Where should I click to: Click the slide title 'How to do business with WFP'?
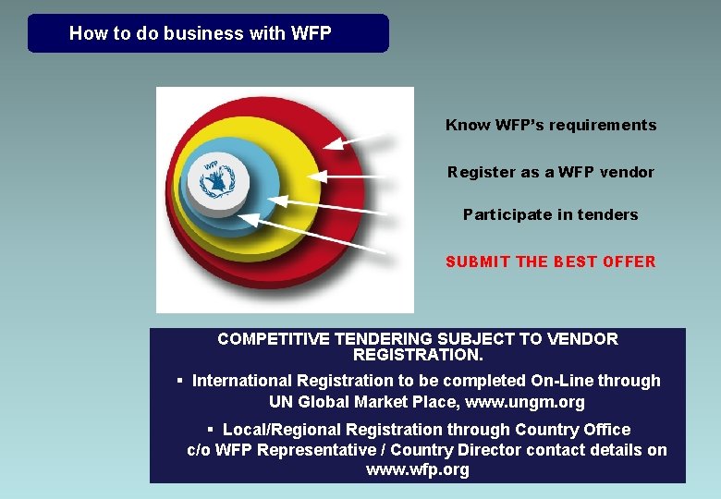[200, 34]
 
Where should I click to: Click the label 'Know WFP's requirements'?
[551, 125]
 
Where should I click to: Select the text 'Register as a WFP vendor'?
[551, 172]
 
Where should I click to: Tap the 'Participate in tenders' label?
[551, 214]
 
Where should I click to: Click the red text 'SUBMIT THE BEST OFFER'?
[551, 262]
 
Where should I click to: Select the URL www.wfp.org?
[418, 469]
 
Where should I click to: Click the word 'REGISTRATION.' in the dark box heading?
[418, 355]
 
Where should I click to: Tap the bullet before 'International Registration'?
[180, 381]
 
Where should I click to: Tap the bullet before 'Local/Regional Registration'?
[211, 430]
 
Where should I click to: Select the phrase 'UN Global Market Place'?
[364, 402]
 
